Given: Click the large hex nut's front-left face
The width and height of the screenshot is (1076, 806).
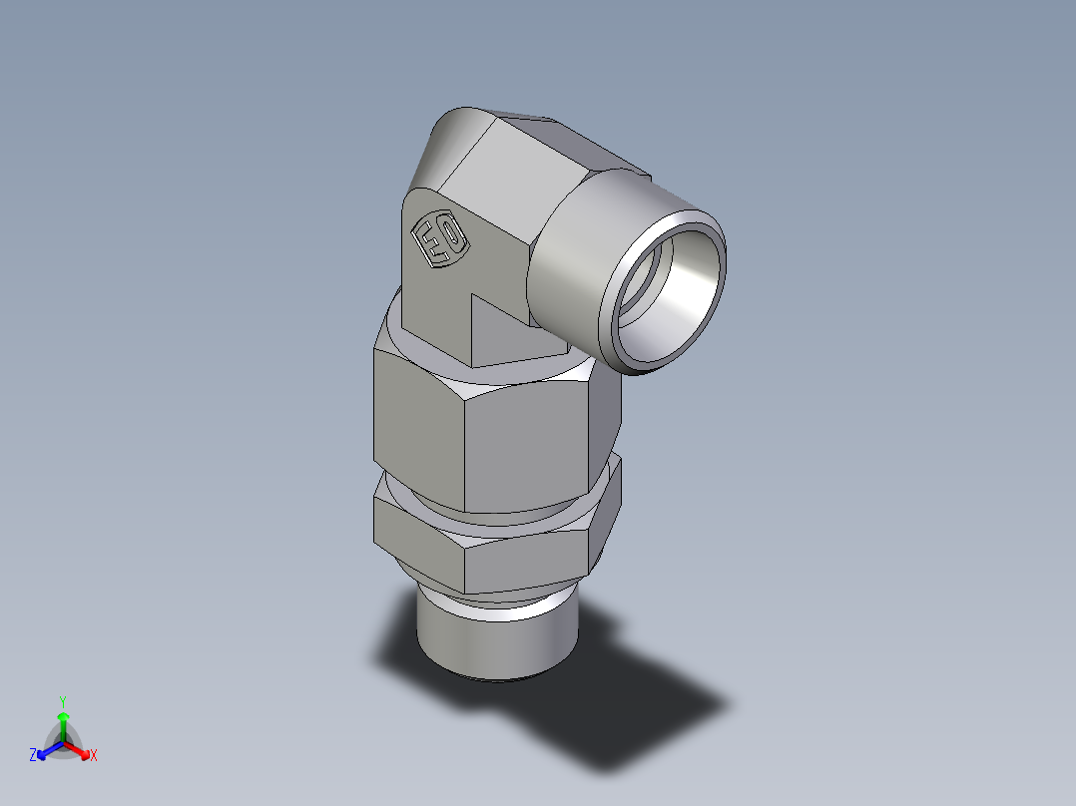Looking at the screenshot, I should (x=419, y=419).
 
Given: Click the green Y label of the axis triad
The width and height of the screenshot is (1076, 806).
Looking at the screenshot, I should (x=63, y=700).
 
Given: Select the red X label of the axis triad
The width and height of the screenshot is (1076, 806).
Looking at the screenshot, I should (x=93, y=756).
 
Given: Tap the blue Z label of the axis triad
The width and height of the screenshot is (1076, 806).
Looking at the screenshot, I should (x=33, y=756).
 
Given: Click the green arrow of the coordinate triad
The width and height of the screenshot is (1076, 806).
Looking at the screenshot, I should (x=63, y=723).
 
